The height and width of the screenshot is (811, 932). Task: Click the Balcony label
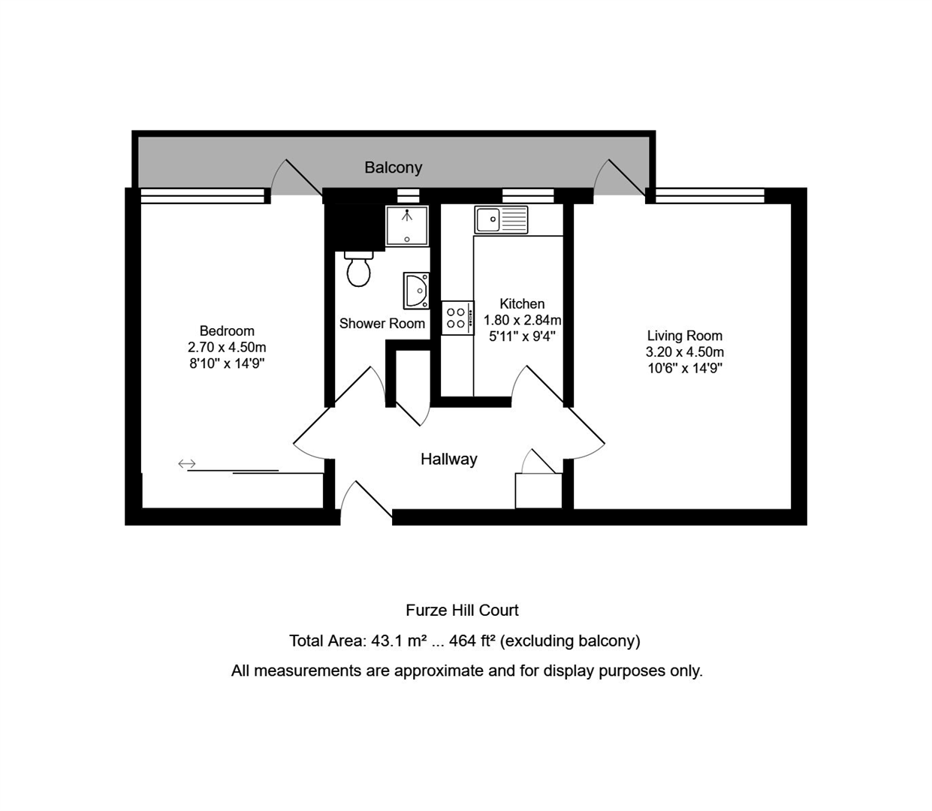point(393,167)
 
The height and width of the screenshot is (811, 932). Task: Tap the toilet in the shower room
point(358,269)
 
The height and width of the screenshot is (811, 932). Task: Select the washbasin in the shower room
point(416,290)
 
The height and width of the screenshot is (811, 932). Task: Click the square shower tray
point(407,226)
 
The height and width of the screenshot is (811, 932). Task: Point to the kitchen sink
point(501,219)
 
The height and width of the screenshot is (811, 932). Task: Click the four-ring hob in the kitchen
point(457,318)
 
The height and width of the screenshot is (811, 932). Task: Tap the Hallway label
point(448,459)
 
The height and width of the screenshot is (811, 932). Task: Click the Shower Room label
point(382,324)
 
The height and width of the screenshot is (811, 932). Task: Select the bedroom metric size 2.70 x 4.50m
point(227,347)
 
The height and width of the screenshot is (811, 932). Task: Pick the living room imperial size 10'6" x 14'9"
point(685,368)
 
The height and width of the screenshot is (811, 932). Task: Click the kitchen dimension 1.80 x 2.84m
point(522,320)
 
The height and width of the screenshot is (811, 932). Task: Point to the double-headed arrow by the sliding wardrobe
point(187,463)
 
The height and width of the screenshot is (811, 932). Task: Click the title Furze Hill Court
point(462,610)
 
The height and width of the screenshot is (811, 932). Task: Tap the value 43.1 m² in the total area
point(399,641)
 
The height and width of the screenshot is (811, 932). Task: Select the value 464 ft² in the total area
point(472,641)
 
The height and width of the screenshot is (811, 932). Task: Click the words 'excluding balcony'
point(570,641)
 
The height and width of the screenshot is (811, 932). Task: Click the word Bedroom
point(227,330)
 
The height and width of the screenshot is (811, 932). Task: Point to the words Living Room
point(685,336)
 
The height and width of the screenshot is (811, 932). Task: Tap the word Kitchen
point(522,303)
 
